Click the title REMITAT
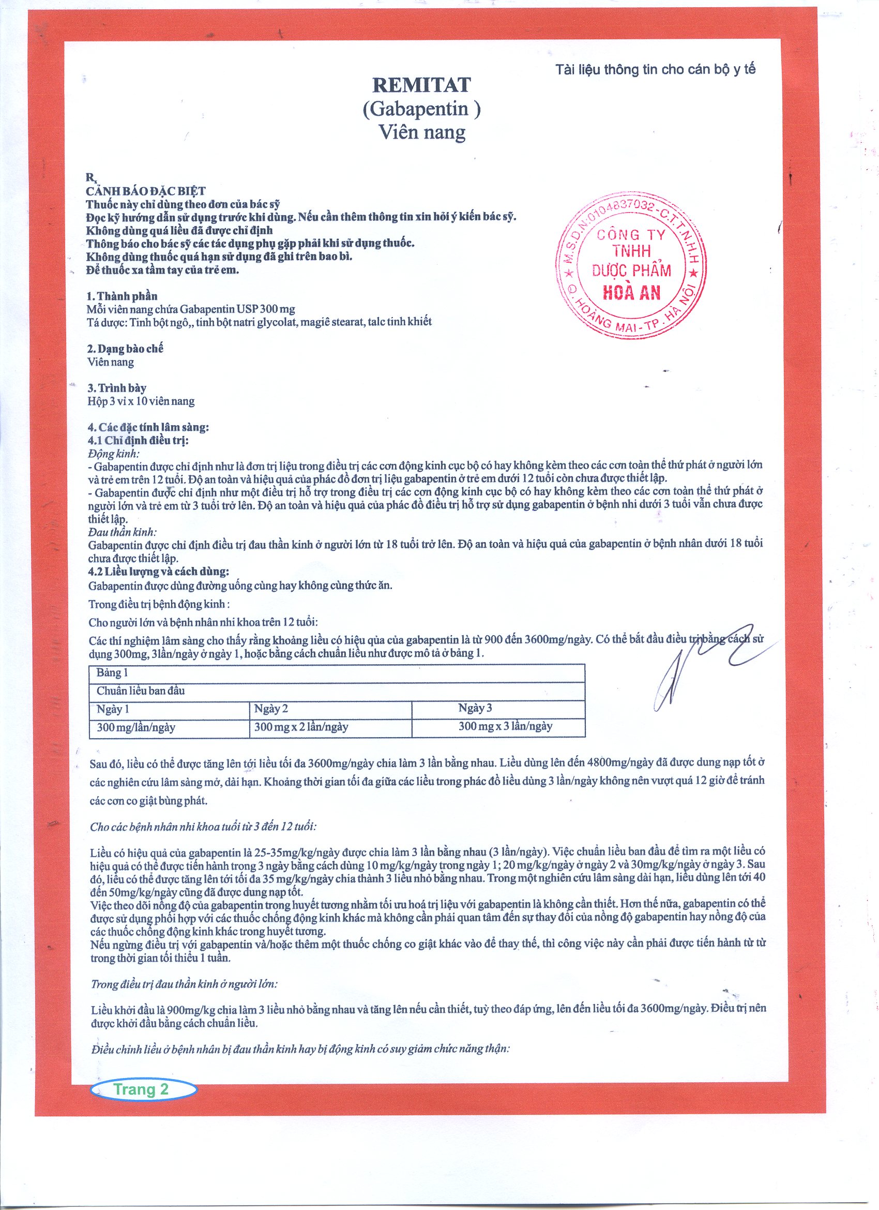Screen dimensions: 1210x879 pyautogui.click(x=421, y=85)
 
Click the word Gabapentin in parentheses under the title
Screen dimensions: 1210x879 pyautogui.click(x=421, y=109)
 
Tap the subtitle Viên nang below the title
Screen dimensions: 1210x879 pyautogui.click(x=421, y=132)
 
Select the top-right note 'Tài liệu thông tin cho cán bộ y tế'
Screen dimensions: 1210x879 pyautogui.click(x=655, y=69)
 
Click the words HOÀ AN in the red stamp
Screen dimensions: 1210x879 pyautogui.click(x=631, y=292)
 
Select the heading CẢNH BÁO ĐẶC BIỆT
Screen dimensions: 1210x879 pyautogui.click(x=146, y=191)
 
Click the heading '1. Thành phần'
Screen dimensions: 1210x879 pyautogui.click(x=122, y=296)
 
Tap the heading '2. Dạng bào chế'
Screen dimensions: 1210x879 pyautogui.click(x=125, y=349)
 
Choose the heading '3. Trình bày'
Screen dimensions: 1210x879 pyautogui.click(x=117, y=388)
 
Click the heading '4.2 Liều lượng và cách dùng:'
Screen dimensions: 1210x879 pyautogui.click(x=159, y=572)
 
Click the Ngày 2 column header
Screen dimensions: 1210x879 pyautogui.click(x=271, y=709)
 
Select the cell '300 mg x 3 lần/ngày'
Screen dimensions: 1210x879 pyautogui.click(x=505, y=726)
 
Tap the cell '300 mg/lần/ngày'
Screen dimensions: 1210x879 pyautogui.click(x=136, y=727)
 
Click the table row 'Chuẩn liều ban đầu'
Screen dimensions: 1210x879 pyautogui.click(x=141, y=691)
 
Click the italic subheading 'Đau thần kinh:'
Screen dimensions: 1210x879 pyautogui.click(x=122, y=532)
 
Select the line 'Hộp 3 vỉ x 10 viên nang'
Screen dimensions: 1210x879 pyautogui.click(x=141, y=401)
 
